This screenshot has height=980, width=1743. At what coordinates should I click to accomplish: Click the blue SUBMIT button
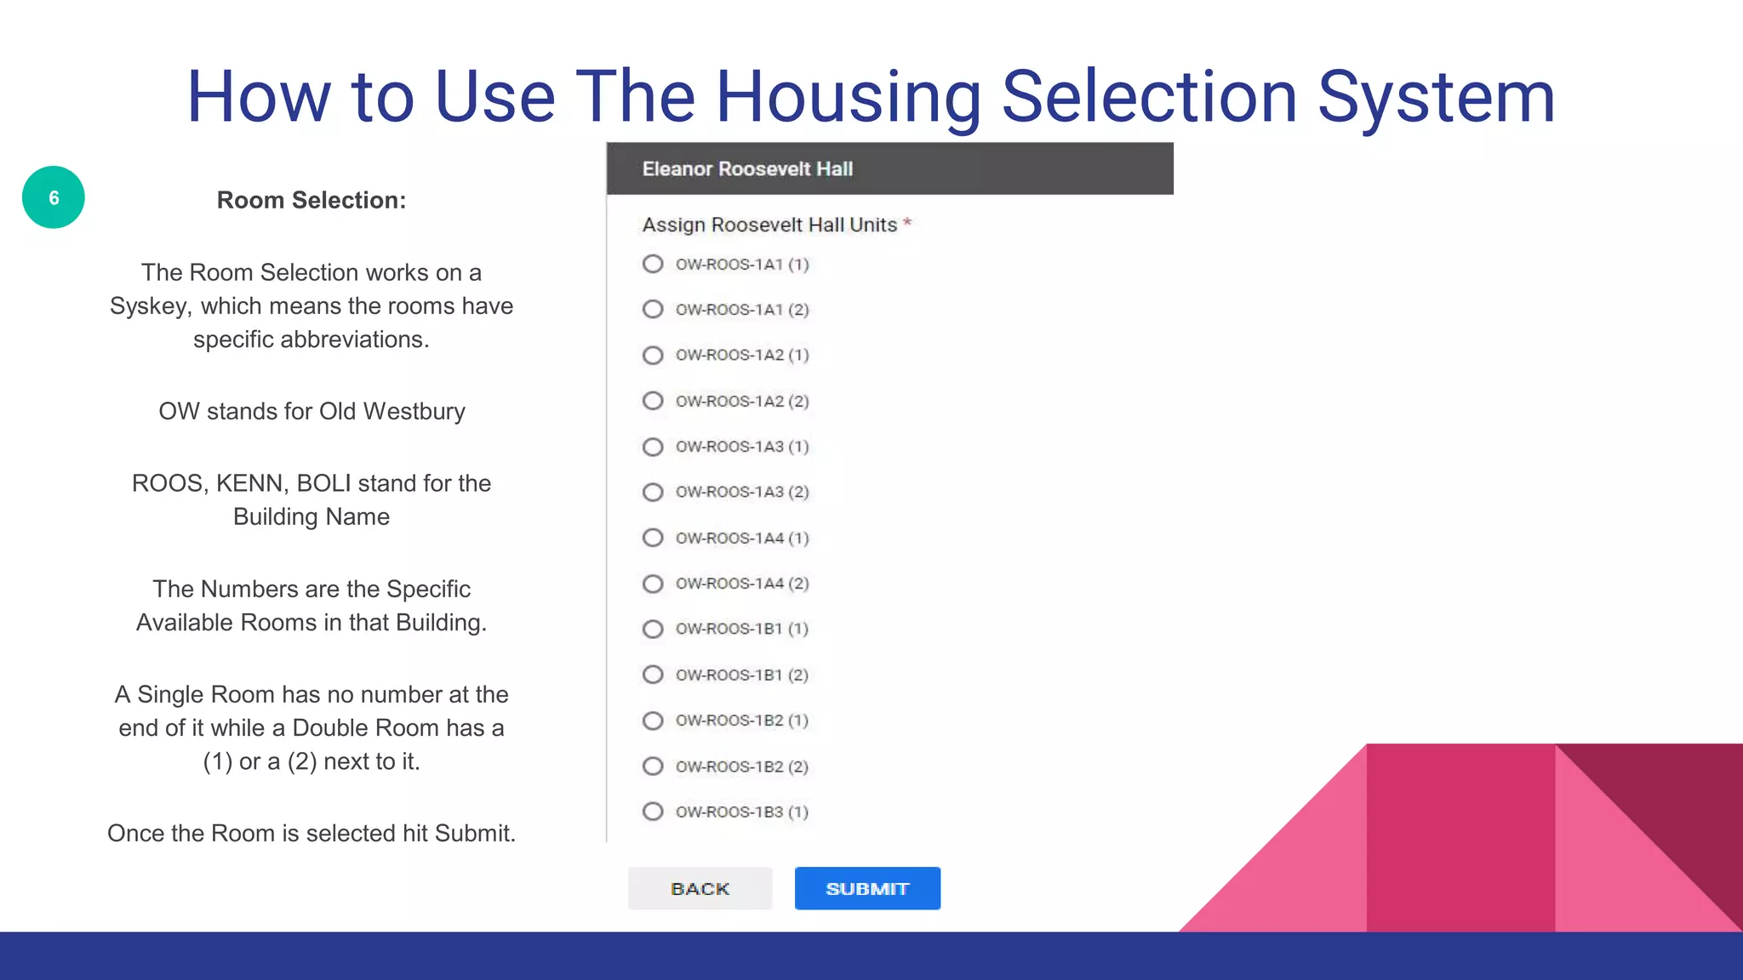tap(867, 888)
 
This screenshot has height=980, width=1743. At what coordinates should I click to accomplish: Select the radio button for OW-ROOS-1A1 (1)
tap(653, 264)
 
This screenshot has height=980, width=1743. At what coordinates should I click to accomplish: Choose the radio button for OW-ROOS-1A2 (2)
tap(653, 401)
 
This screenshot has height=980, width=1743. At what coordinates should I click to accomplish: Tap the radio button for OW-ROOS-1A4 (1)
tap(653, 538)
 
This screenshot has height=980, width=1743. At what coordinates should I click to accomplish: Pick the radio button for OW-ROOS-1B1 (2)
tap(653, 675)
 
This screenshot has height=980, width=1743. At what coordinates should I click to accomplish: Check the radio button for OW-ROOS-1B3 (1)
tap(653, 812)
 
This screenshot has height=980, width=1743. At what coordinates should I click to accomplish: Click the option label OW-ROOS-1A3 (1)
tap(741, 447)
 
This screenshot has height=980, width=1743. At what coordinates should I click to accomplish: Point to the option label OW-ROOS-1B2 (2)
tap(741, 766)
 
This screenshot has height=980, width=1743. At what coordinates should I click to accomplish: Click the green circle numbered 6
tap(54, 197)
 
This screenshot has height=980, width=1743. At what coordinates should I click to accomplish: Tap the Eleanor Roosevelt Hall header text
tap(747, 168)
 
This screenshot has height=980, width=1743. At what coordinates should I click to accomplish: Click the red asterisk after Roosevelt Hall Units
tap(907, 224)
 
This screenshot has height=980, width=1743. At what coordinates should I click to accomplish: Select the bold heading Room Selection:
tap(311, 200)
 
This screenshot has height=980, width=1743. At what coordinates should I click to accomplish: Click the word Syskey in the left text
tap(150, 306)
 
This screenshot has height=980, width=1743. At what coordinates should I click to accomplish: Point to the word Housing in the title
tap(849, 97)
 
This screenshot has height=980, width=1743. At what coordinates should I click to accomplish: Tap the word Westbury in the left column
tap(414, 412)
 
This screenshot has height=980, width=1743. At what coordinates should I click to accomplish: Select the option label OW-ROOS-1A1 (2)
tap(741, 310)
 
